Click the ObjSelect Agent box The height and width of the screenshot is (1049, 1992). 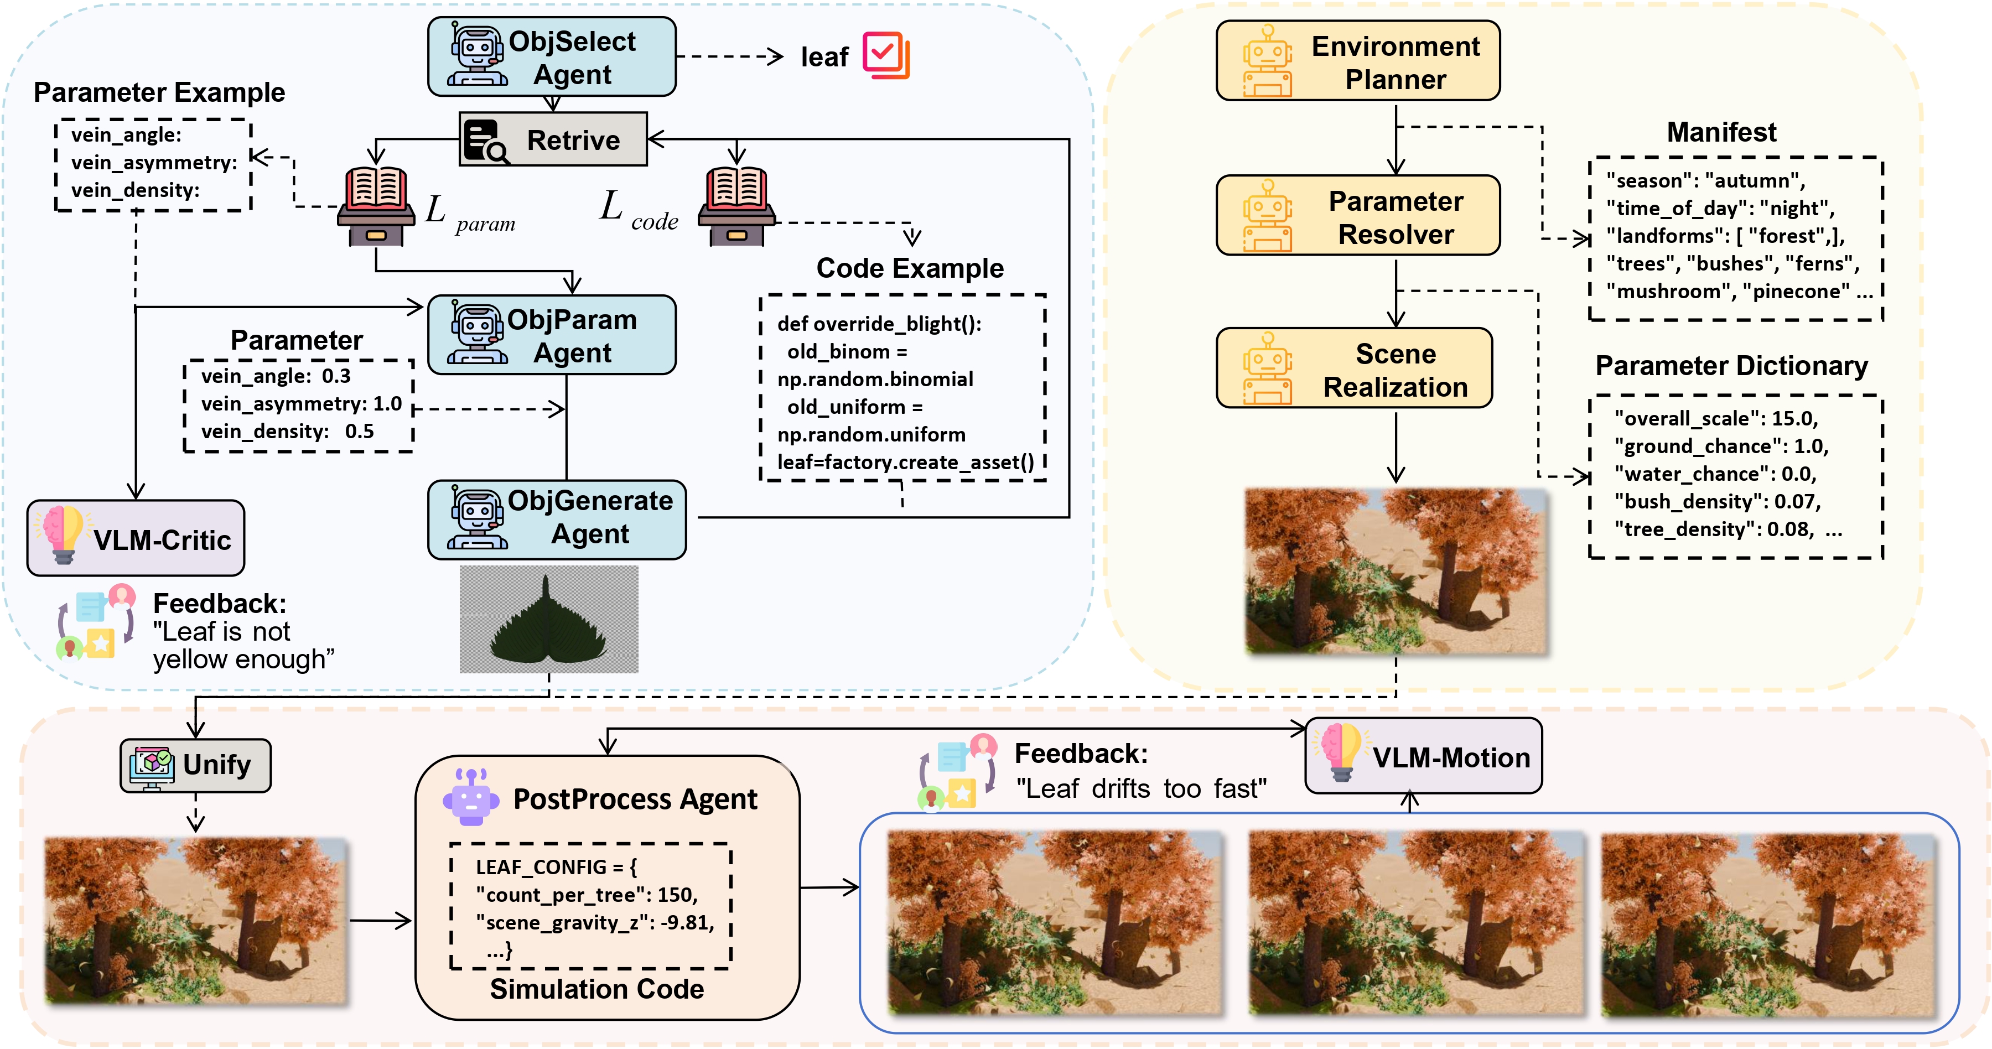[551, 57]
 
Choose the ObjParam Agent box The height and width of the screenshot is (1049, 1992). [551, 335]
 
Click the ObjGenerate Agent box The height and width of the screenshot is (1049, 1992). [557, 518]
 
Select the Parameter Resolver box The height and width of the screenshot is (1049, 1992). [1357, 216]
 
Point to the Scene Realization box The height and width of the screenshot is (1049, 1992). [1353, 368]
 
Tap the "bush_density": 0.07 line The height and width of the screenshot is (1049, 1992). [1716, 502]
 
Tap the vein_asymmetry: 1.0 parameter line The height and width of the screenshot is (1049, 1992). [301, 403]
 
